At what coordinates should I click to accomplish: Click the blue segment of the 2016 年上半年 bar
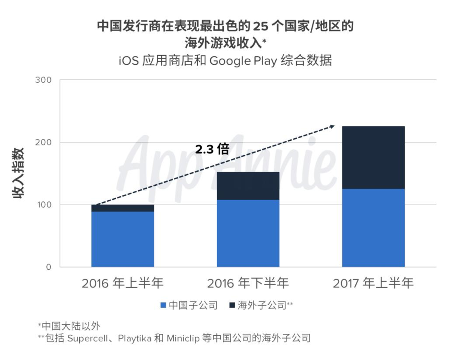[x=122, y=239]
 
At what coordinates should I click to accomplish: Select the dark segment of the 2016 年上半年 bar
[x=122, y=208]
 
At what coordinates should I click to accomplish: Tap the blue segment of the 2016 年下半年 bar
[x=248, y=233]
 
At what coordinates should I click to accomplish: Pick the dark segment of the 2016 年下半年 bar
[x=248, y=186]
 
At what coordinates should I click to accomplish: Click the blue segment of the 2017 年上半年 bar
[x=373, y=227]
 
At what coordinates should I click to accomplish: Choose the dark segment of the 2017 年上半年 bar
[x=373, y=157]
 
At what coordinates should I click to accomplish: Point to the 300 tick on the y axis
[x=43, y=80]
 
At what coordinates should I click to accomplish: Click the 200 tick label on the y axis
[x=43, y=142]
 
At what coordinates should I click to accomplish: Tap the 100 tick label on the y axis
[x=43, y=205]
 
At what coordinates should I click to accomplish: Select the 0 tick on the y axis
[x=49, y=267]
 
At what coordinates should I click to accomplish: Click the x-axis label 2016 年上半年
[x=122, y=283]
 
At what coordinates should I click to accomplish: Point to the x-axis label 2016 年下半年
[x=248, y=283]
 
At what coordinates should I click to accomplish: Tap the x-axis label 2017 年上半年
[x=373, y=283]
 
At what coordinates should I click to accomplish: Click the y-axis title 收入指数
[x=18, y=173]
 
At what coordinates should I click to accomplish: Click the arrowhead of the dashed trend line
[x=332, y=126]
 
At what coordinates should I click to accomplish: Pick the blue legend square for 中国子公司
[x=163, y=305]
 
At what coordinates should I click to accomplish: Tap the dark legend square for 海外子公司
[x=232, y=305]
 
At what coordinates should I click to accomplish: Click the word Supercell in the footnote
[x=87, y=338]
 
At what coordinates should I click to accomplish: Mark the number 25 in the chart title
[x=260, y=26]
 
